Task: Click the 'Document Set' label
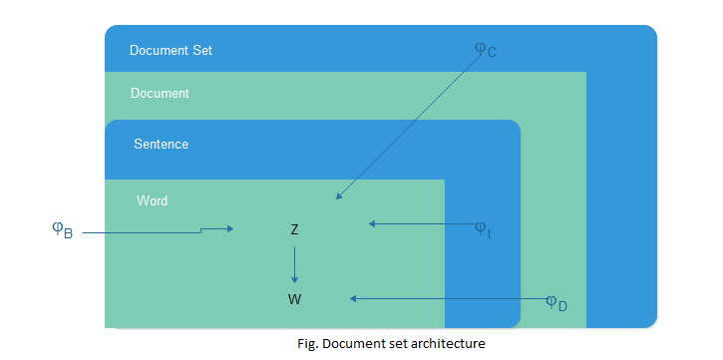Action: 171,50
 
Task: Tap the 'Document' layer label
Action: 160,94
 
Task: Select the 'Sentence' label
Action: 161,145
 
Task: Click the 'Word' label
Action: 152,200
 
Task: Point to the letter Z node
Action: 294,229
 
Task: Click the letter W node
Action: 294,298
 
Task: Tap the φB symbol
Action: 62,230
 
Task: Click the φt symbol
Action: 482,228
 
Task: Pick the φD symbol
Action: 556,302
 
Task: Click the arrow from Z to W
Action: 294,264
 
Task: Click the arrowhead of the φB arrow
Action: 229,229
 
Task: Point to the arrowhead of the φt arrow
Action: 373,223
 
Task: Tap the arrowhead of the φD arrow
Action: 353,297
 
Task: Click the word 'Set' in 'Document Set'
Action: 201,50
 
